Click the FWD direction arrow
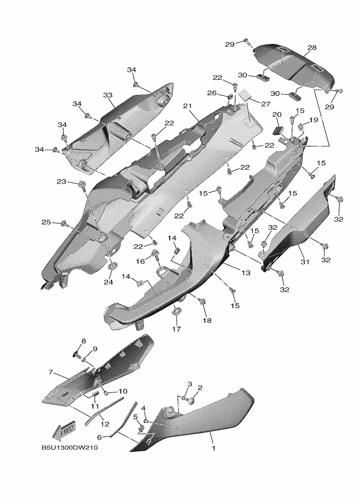[64, 431]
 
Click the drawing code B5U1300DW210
[69, 448]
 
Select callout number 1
[214, 448]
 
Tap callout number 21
[187, 106]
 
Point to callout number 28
[312, 48]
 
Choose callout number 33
[108, 95]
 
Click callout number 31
[305, 262]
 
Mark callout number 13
[246, 273]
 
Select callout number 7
[50, 372]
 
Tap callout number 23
[62, 182]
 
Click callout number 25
[46, 222]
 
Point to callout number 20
[277, 114]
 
